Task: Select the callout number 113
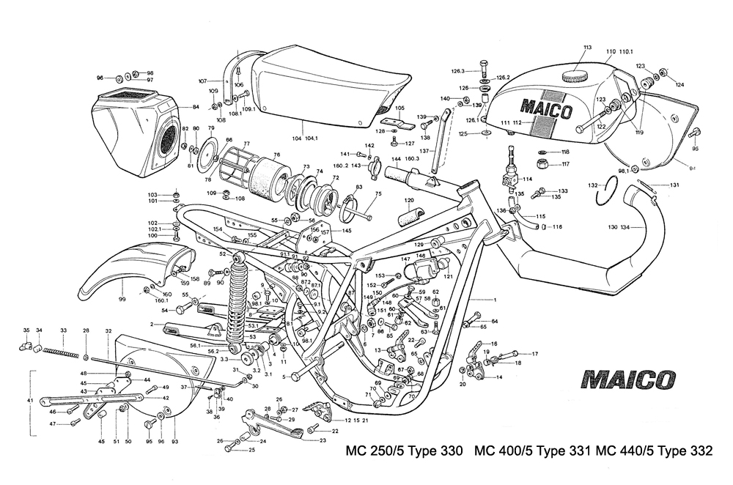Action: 587,48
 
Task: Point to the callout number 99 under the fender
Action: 122,300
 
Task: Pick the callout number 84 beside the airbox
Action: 196,107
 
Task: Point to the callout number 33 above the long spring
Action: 64,331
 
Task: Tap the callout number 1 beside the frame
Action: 495,300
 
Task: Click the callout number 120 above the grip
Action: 408,200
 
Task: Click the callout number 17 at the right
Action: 534,355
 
